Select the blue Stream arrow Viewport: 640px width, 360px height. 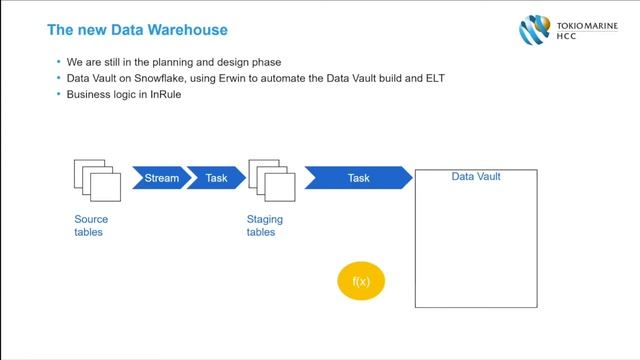[160, 178]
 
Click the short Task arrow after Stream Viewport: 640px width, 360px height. [216, 178]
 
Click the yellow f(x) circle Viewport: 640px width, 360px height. [361, 282]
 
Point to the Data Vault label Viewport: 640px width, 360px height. [476, 177]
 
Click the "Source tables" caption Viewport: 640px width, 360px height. [91, 225]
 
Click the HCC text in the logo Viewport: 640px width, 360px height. [565, 37]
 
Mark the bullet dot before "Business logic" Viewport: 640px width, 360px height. [60, 94]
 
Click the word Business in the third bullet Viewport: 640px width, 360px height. [87, 94]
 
